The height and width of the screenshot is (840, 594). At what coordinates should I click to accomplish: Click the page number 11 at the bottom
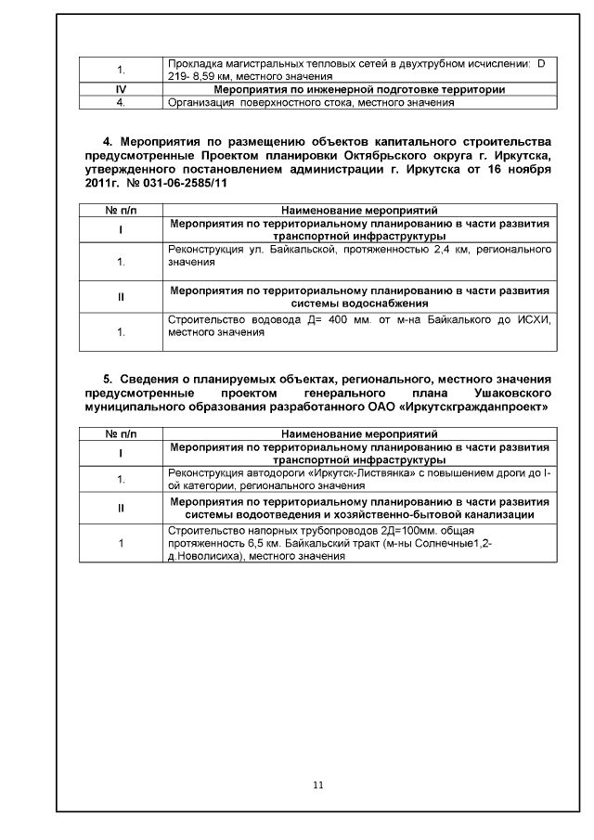click(x=318, y=785)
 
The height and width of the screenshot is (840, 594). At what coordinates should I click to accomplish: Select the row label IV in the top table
click(x=120, y=90)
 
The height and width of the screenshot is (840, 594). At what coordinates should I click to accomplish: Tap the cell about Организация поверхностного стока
click(x=310, y=103)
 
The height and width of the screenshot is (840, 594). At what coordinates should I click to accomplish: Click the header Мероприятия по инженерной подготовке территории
click(x=359, y=90)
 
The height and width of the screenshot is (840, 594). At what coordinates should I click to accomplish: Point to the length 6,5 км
click(x=239, y=545)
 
